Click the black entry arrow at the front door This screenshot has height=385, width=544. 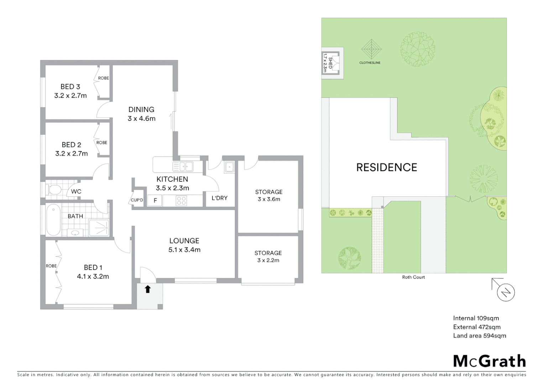click(x=148, y=289)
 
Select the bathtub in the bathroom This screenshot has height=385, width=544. click(x=53, y=220)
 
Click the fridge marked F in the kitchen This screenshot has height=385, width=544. click(x=155, y=201)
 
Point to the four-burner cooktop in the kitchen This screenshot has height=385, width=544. click(x=181, y=201)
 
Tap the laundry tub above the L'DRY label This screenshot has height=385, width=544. click(x=229, y=167)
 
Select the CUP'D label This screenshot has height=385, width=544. click(x=137, y=200)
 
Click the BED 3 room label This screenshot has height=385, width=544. click(x=70, y=87)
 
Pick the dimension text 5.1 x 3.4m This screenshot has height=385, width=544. click(x=184, y=250)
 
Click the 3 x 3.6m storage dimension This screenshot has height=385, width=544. click(x=269, y=199)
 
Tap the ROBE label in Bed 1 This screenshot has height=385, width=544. click(x=51, y=266)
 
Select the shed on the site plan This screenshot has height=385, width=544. click(x=329, y=63)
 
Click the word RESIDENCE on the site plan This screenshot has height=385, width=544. click(x=387, y=168)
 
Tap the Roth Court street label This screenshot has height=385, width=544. click(x=413, y=277)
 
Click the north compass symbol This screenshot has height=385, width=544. click(x=506, y=292)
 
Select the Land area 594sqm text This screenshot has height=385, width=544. click(x=479, y=335)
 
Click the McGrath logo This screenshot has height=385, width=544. click(x=490, y=361)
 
